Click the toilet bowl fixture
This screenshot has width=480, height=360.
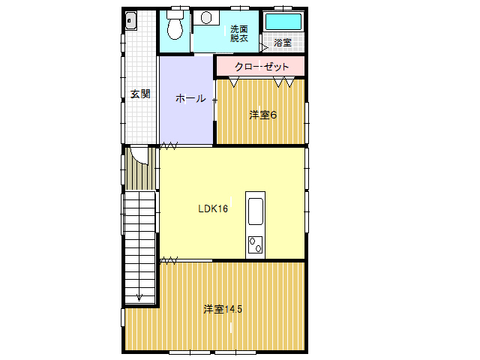pyautogui.click(x=175, y=25)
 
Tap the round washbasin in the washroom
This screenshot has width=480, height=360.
pyautogui.click(x=206, y=17)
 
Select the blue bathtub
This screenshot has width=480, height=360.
pyautogui.click(x=283, y=22)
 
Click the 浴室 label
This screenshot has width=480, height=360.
pyautogui.click(x=283, y=43)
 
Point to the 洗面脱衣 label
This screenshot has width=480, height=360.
pyautogui.click(x=239, y=34)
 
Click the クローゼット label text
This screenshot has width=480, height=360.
pyautogui.click(x=262, y=67)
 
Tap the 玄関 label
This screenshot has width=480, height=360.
pyautogui.click(x=140, y=94)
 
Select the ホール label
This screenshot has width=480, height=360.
pyautogui.click(x=190, y=98)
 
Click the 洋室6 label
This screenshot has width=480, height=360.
pyautogui.click(x=263, y=115)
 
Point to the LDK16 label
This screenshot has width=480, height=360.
pyautogui.click(x=213, y=208)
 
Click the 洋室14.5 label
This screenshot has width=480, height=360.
pyautogui.click(x=223, y=309)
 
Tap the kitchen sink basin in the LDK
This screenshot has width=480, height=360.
pyautogui.click(x=255, y=211)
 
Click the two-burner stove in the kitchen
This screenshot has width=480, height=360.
pyautogui.click(x=255, y=245)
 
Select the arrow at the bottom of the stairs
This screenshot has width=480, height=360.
pyautogui.click(x=139, y=296)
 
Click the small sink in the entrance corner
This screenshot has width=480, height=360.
pyautogui.click(x=131, y=21)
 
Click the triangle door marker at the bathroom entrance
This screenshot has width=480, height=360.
pyautogui.click(x=264, y=47)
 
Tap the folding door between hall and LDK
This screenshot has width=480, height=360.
pyautogui.click(x=169, y=145)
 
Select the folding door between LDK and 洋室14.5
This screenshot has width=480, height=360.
pyautogui.click(x=169, y=261)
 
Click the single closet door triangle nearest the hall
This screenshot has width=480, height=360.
pyautogui.click(x=234, y=82)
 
